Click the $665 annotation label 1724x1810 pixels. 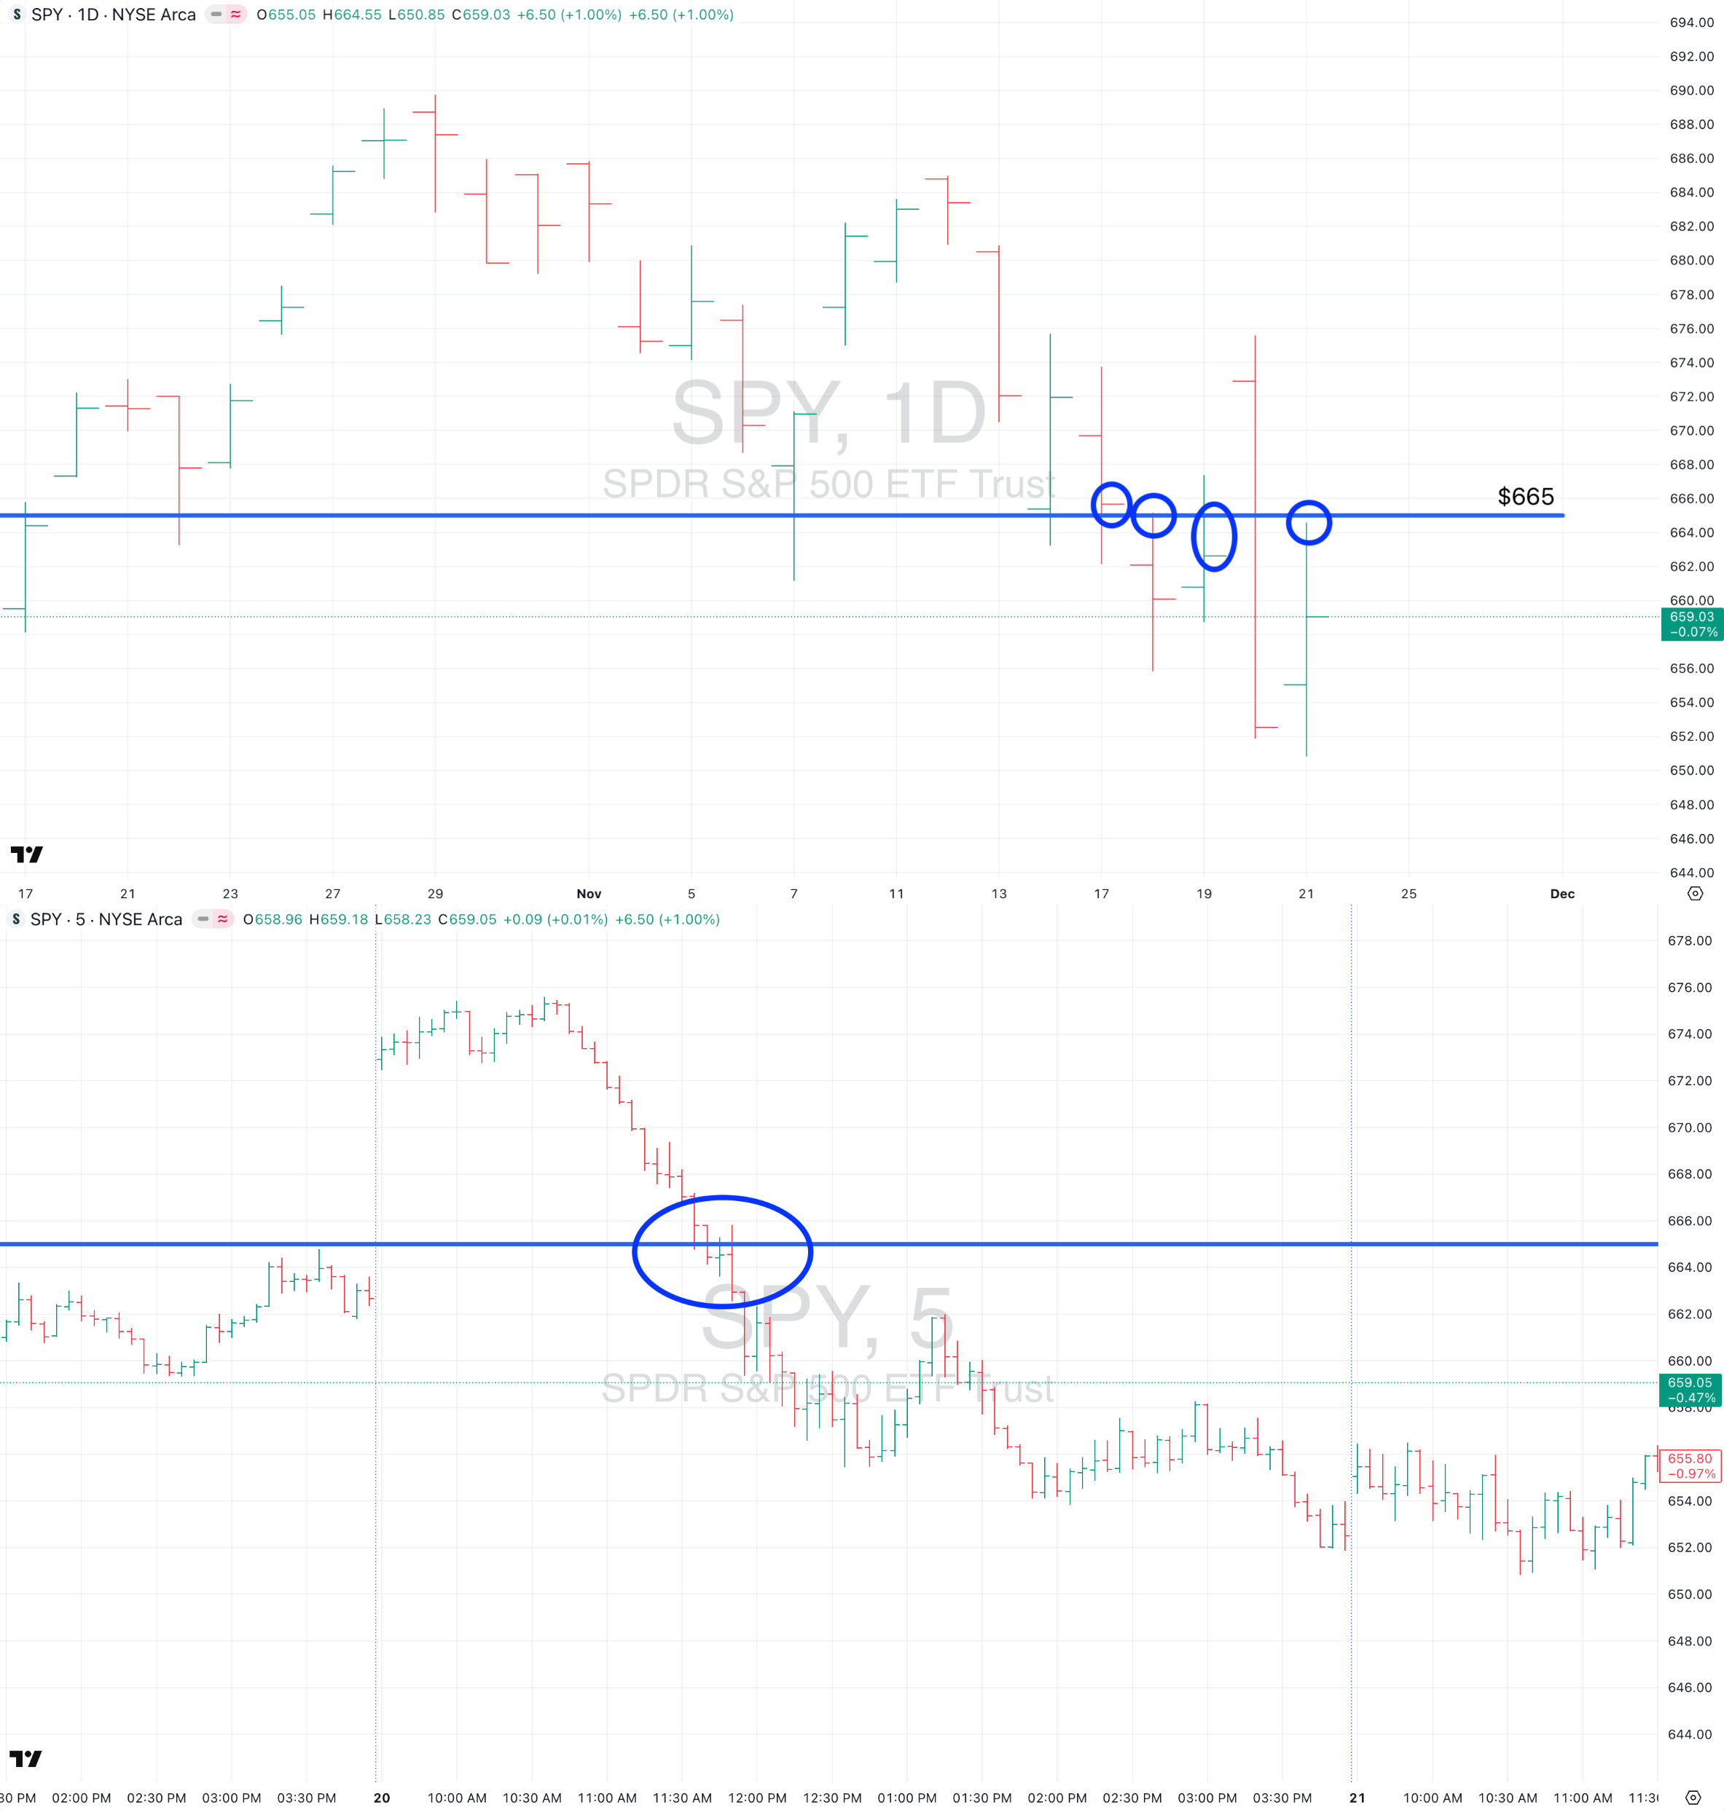[1526, 497]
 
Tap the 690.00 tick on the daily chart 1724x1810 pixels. [1691, 90]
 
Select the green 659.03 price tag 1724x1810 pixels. [1692, 624]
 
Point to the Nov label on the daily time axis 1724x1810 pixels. [589, 894]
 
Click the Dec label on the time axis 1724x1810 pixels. [1562, 894]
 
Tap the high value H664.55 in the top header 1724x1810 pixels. [352, 15]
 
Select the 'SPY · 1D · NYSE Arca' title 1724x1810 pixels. [113, 15]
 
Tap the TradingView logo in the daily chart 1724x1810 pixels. [27, 854]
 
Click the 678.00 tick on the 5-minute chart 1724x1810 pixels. [1690, 941]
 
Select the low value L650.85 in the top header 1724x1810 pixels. [416, 15]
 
